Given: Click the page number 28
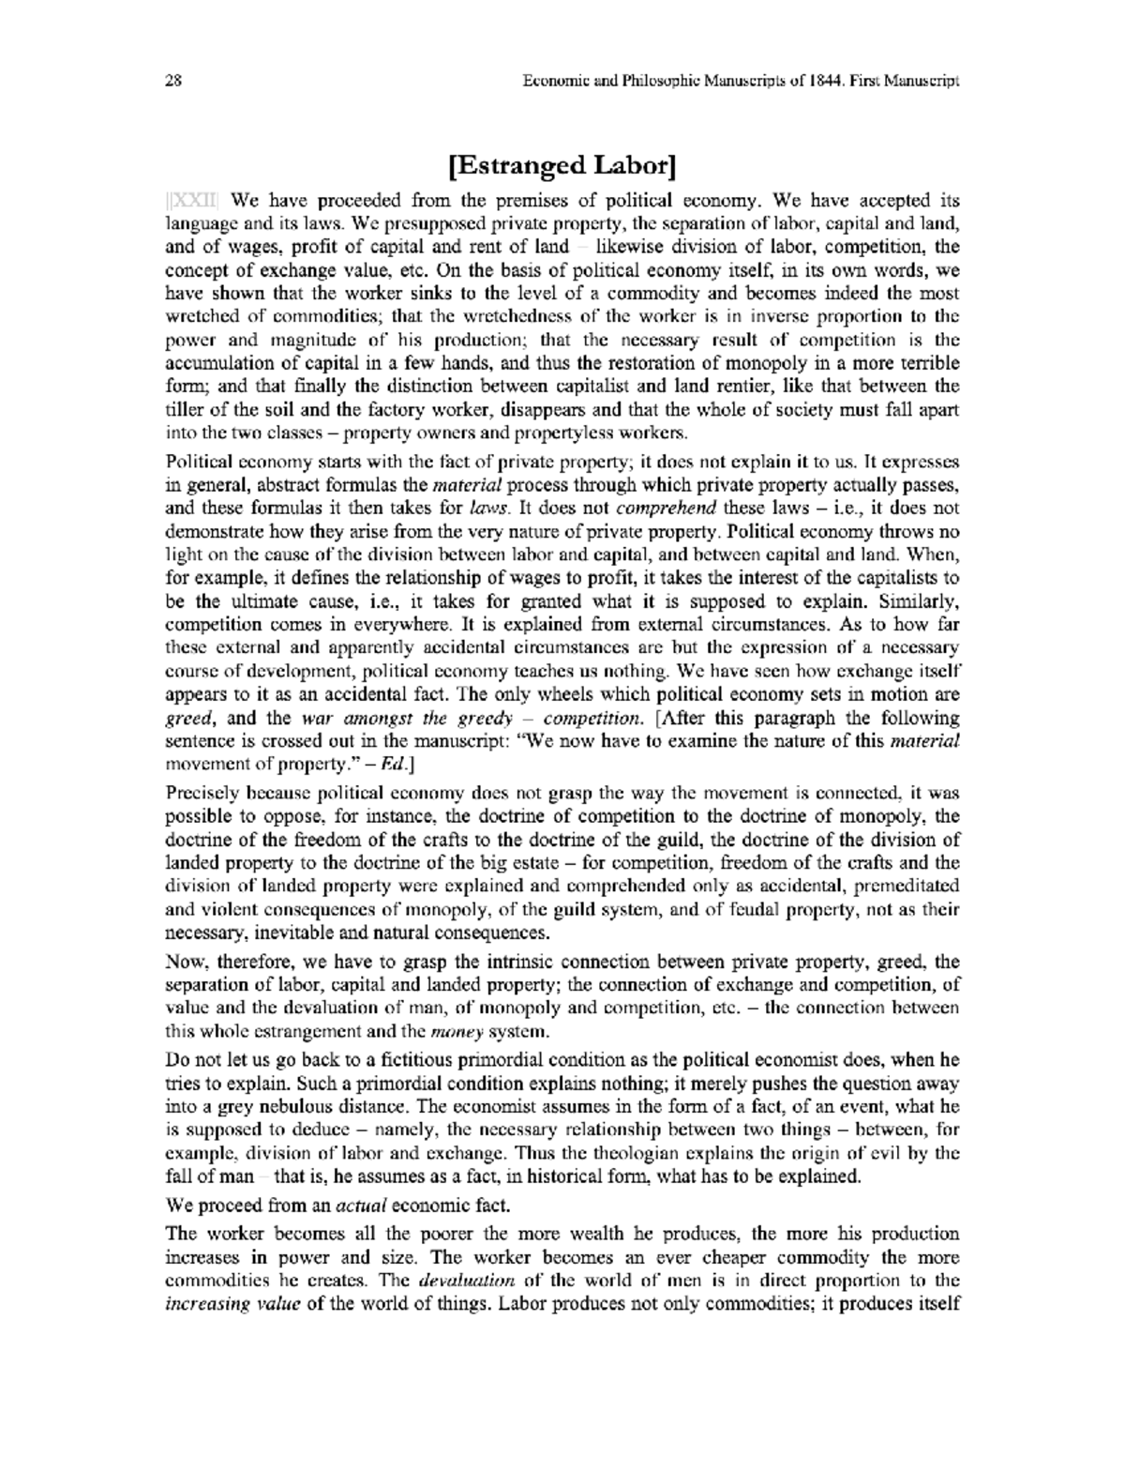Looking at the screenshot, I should (x=172, y=82).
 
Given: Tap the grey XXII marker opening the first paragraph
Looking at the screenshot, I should (x=192, y=201).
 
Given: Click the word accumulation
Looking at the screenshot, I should (x=213, y=364).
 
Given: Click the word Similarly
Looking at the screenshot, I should (x=915, y=600).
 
